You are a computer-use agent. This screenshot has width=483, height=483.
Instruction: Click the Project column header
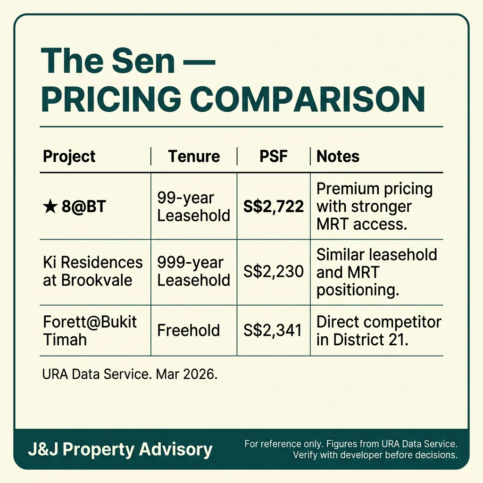tap(69, 157)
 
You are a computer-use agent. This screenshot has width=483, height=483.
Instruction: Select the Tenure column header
tap(194, 157)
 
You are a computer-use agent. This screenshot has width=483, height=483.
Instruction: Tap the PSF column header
tap(274, 157)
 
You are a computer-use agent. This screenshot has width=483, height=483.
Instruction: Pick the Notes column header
tap(338, 157)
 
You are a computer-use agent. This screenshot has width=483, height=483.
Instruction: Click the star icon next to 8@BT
tap(50, 207)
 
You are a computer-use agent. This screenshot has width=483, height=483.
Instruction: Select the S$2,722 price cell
tap(274, 207)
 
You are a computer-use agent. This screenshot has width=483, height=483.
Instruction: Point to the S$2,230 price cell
tap(274, 271)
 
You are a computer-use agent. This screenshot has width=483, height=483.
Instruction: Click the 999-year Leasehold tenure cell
tap(194, 271)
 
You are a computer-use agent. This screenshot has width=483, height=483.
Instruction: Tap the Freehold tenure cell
tap(189, 330)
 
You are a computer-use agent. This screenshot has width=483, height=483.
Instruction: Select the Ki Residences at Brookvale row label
tap(92, 271)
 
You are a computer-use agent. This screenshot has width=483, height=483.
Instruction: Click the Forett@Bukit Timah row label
tap(90, 330)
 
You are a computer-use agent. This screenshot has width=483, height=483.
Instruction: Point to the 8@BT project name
tap(84, 207)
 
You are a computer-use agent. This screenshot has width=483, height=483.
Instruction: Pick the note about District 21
tap(379, 330)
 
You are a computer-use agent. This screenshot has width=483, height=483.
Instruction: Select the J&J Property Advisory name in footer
tap(120, 450)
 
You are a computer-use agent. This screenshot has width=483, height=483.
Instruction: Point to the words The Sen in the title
tap(108, 61)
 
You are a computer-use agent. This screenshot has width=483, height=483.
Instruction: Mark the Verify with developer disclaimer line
tap(375, 455)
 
